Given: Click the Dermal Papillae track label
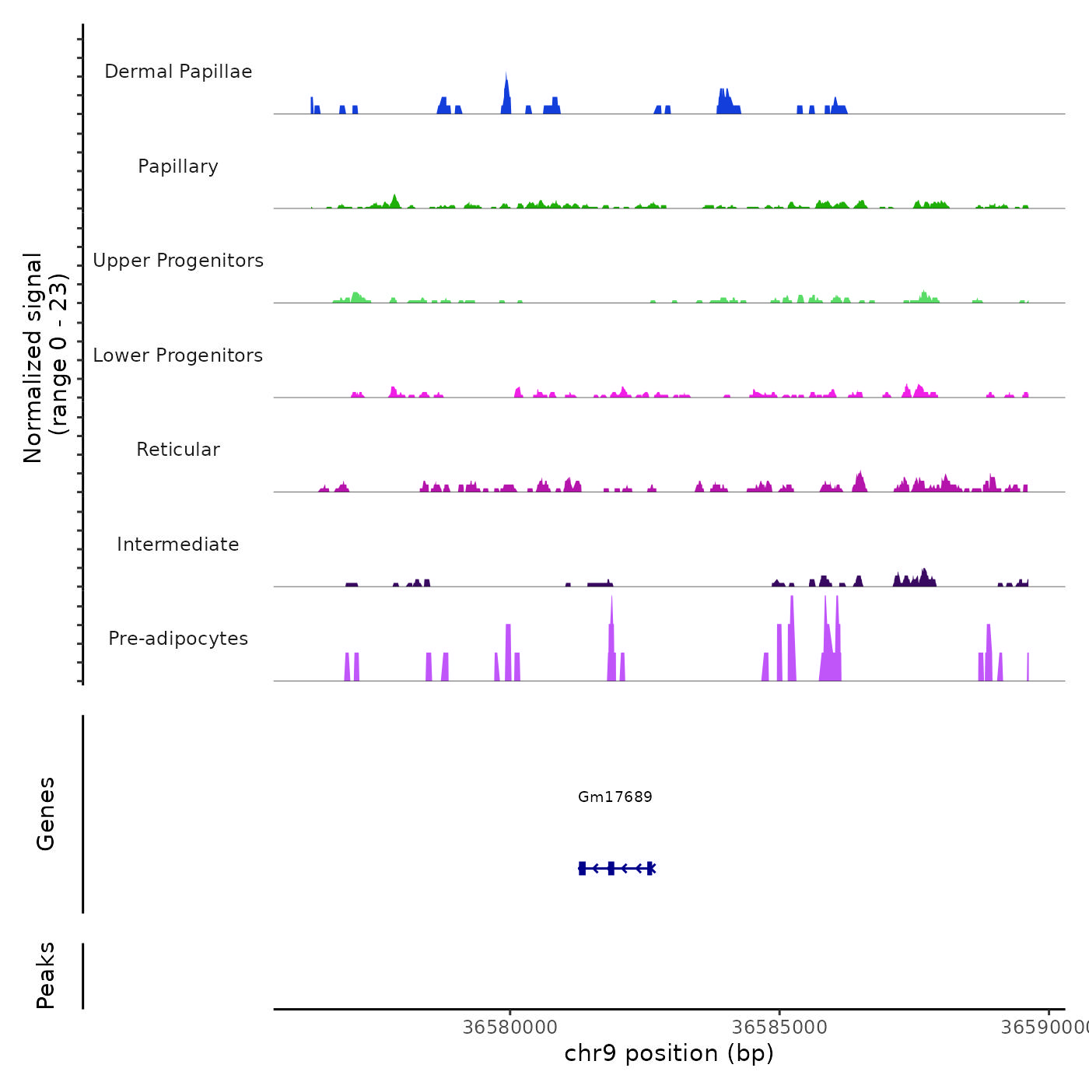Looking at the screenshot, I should [x=178, y=72].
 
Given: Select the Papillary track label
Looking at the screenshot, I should [x=178, y=166].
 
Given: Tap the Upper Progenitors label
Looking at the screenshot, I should [x=178, y=261].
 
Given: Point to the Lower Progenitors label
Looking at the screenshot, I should [x=178, y=355].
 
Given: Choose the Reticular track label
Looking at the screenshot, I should [x=178, y=450].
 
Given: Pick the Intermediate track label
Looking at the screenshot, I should [x=178, y=544].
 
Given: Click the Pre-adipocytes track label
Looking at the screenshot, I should [x=178, y=639].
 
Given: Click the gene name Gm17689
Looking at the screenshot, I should [x=615, y=797].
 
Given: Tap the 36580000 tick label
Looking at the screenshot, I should [x=509, y=1028].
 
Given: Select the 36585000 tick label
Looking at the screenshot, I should [x=779, y=1028].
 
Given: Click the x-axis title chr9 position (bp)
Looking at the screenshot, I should [x=669, y=1053].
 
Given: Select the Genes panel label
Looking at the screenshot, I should [x=46, y=814].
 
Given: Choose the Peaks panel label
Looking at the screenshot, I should [x=46, y=975].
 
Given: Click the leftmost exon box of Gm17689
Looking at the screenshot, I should [x=582, y=868].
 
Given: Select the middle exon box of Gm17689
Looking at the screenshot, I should [x=611, y=868].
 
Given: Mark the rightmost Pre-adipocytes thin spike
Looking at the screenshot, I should [x=1028, y=667].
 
